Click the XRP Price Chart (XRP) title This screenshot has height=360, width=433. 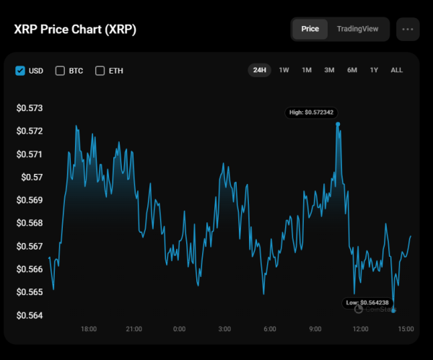coord(74,30)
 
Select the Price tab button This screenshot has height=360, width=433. coord(310,30)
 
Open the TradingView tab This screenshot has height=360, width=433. coord(357,30)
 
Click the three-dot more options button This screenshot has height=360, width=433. coord(408,30)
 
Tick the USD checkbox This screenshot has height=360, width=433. coord(20,71)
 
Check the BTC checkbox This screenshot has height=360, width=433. coord(60,71)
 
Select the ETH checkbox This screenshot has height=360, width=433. coord(100,71)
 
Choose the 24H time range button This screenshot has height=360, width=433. coord(260,70)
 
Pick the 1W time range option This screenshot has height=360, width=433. coord(284,70)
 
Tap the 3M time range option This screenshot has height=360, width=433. coord(329,70)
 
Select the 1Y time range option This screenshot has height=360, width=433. coord(374,70)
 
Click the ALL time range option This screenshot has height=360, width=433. coord(396,70)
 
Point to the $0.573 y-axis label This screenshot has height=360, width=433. coord(30,108)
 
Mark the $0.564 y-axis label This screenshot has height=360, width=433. coord(30,315)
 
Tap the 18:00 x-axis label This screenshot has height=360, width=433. coord(88,329)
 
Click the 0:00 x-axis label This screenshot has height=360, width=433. coord(179,329)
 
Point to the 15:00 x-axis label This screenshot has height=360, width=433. coord(406,329)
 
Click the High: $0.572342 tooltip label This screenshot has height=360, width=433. coord(313,113)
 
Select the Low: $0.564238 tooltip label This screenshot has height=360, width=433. coord(367,302)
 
